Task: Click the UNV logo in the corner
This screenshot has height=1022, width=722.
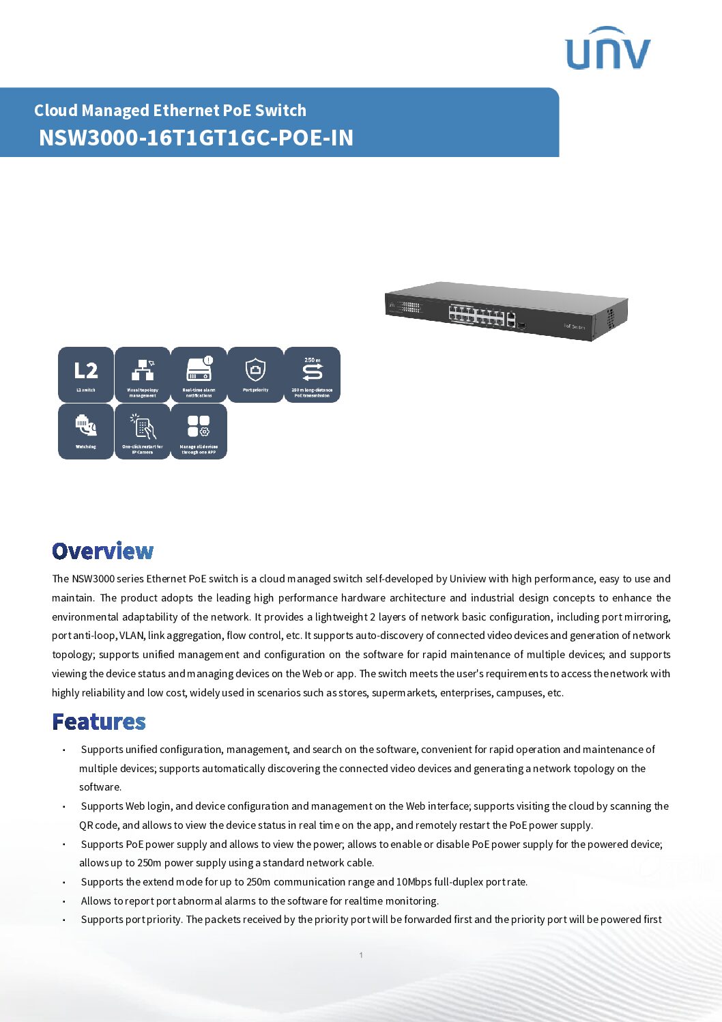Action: [607, 49]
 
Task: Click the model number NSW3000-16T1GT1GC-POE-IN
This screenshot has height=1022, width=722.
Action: [196, 138]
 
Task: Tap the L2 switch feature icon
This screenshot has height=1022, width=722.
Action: [86, 374]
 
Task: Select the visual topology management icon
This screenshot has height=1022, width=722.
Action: [143, 374]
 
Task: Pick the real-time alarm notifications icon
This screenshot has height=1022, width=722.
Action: [199, 374]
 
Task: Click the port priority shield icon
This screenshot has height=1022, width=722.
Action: [255, 374]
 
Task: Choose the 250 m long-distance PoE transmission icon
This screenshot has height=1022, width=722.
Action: [312, 374]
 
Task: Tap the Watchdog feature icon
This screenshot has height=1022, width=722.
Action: [86, 431]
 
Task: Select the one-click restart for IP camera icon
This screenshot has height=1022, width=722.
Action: [143, 431]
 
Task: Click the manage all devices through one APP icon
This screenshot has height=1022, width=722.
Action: [199, 431]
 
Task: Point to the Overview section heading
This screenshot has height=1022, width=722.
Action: [103, 551]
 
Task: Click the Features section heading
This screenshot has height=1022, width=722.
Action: [99, 722]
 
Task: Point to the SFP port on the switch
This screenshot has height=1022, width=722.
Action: [522, 325]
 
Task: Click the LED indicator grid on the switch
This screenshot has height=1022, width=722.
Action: [410, 307]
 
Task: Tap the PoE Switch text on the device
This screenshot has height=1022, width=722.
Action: [574, 326]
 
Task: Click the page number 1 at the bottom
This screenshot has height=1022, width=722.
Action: [361, 955]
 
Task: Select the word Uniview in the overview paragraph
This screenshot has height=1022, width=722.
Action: [467, 579]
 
